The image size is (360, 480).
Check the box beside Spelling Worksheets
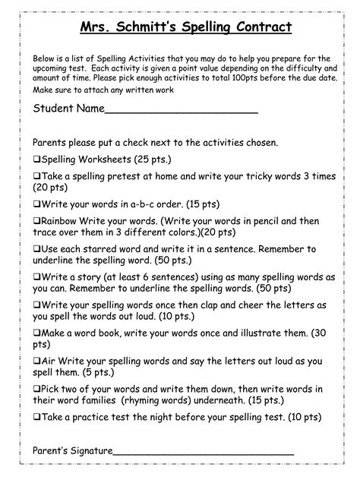tap(36, 160)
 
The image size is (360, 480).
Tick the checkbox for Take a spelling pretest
tap(36, 175)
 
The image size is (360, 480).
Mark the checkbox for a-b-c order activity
tap(36, 204)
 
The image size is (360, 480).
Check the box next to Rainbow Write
tap(36, 219)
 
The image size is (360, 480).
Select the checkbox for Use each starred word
tap(36, 248)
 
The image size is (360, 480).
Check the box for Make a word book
tap(36, 333)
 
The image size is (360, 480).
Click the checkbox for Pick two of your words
tap(36, 389)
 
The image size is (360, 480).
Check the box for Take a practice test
tap(36, 417)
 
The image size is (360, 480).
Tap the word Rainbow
tap(61, 220)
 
